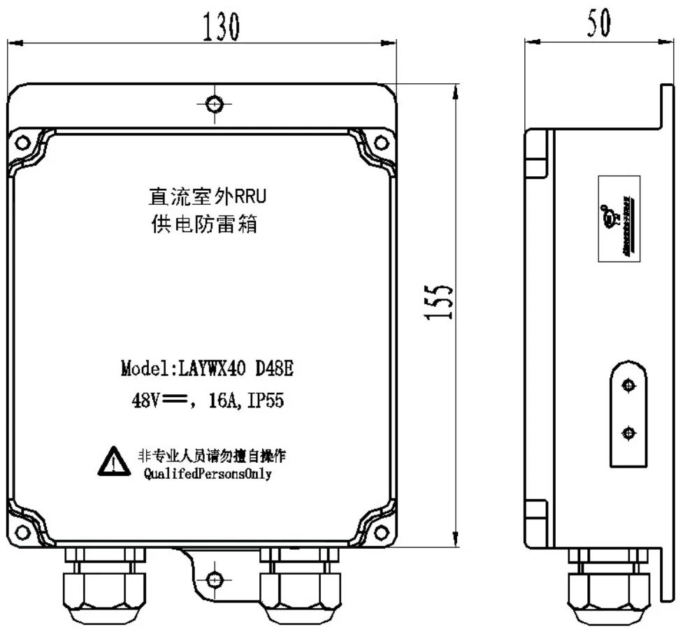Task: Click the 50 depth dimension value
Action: pos(598,22)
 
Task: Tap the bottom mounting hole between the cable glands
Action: pos(215,579)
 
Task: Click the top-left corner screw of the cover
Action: pos(23,143)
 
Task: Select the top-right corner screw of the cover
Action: pos(381,143)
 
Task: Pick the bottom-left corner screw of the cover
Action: pos(23,533)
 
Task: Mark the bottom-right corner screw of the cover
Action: pos(381,533)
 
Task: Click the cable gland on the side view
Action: pos(607,584)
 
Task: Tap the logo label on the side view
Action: pos(614,217)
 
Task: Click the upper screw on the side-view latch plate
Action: pos(628,387)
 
